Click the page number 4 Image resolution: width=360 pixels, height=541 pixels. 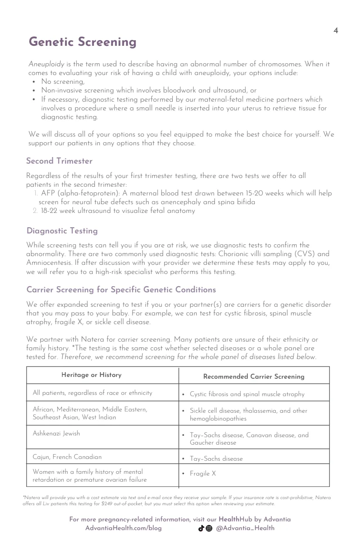point(335,31)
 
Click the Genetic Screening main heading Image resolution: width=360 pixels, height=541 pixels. point(82,42)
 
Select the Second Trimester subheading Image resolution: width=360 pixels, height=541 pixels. point(59,161)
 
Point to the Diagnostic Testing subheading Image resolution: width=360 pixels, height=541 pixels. point(62,231)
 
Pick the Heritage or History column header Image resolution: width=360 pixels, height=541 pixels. point(91,375)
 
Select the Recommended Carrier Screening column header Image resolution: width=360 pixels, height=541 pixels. point(254,377)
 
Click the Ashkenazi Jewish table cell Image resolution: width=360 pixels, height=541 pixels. point(56,433)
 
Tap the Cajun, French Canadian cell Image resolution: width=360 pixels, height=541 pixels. point(67,457)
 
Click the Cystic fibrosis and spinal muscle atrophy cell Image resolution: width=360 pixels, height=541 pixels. point(247,394)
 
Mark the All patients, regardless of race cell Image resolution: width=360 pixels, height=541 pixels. point(93,393)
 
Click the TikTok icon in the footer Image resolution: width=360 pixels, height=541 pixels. point(202,528)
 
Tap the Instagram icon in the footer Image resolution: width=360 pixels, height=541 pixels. point(209,528)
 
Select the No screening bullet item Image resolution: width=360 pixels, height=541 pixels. point(63,81)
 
